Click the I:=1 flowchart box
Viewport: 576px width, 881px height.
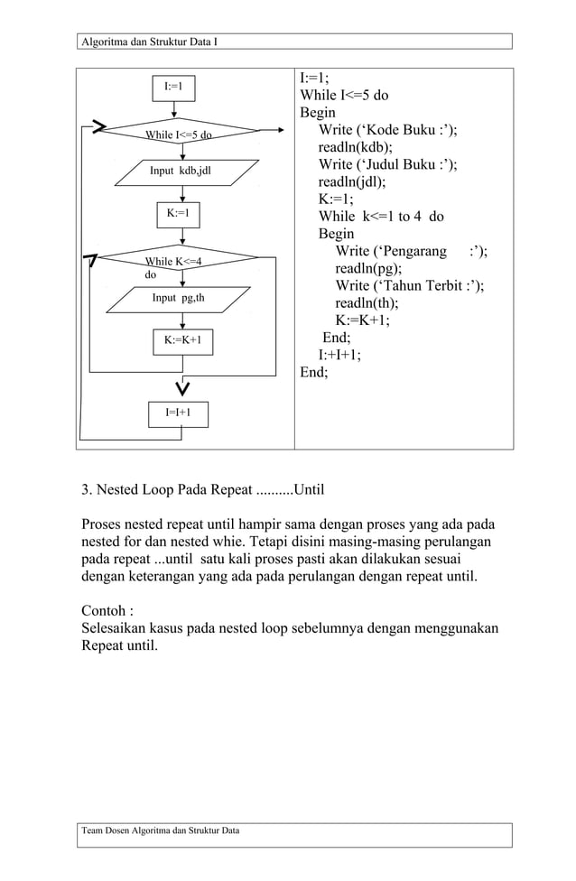tap(172, 87)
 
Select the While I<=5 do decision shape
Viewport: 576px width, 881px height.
tap(179, 134)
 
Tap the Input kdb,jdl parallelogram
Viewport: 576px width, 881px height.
tap(181, 170)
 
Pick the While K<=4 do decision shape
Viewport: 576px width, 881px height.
tap(179, 262)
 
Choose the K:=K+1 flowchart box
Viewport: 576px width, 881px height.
tap(182, 340)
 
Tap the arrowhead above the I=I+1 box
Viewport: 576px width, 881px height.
tap(182, 388)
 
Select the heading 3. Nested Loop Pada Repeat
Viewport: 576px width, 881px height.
tap(202, 490)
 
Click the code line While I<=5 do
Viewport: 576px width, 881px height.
tap(344, 95)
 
